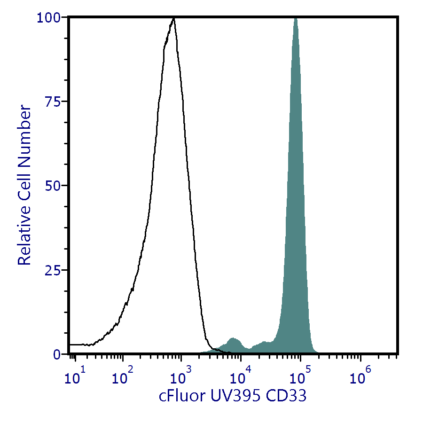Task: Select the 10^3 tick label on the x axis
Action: [x=180, y=376]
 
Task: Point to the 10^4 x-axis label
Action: [x=240, y=376]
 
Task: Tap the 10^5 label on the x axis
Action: [x=299, y=376]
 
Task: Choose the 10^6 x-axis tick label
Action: [x=359, y=376]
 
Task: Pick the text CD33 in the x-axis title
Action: [x=286, y=396]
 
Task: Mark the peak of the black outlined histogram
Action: [x=174, y=19]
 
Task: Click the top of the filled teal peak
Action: [x=296, y=19]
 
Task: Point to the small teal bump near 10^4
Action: [x=233, y=339]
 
